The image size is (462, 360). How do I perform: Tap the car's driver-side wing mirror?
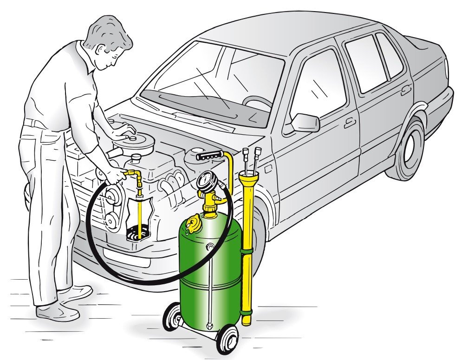point(305,123)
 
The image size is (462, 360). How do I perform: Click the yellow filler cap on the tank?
point(192,224)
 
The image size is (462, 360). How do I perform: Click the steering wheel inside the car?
point(259,102)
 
